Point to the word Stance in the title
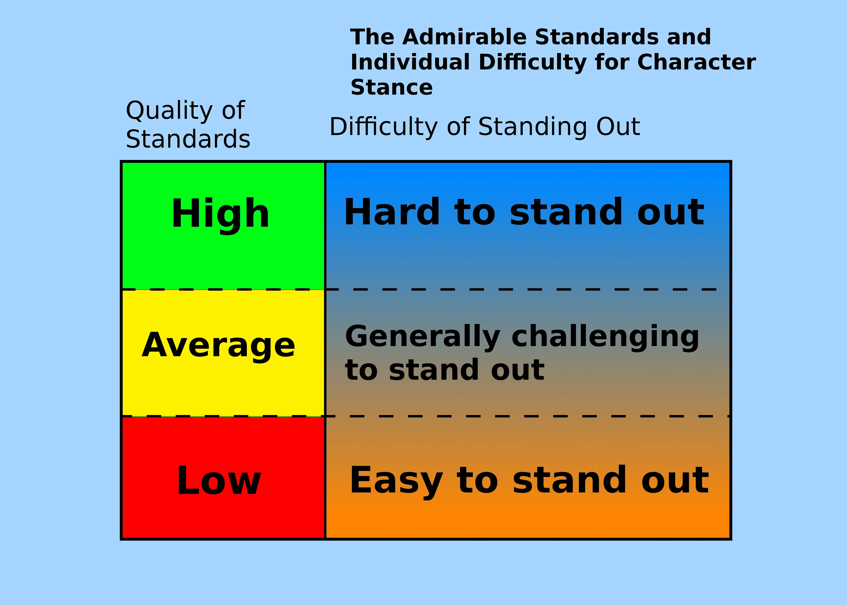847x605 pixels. point(392,88)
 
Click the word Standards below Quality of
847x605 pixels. point(188,139)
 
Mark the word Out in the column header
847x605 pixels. point(618,127)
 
